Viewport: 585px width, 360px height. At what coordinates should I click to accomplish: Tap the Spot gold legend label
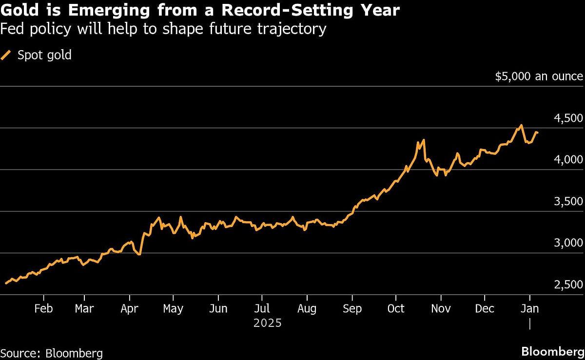click(44, 55)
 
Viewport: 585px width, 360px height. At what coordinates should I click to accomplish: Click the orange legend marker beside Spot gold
click(7, 55)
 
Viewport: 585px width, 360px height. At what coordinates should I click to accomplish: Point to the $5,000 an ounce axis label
click(539, 76)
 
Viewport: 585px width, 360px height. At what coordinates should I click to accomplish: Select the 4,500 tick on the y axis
click(569, 118)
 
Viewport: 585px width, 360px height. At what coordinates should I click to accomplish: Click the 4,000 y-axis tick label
click(569, 160)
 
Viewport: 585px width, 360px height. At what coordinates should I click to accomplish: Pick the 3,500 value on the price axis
click(569, 202)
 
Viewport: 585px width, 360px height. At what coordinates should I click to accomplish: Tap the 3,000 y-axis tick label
click(569, 243)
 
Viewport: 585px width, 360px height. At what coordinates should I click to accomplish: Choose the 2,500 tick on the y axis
click(569, 285)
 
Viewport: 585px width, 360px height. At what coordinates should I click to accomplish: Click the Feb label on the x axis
click(44, 309)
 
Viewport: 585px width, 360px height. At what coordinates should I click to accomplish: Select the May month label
click(173, 309)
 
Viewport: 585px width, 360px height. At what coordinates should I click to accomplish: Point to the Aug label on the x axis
click(307, 309)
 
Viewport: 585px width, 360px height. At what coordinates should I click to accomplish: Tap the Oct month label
click(396, 309)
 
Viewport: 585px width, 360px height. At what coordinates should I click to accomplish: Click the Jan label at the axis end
click(530, 309)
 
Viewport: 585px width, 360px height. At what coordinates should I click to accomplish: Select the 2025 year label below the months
click(268, 323)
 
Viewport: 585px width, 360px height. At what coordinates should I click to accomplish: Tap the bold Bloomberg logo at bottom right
click(552, 352)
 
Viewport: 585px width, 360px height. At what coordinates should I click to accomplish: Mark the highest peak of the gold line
click(521, 125)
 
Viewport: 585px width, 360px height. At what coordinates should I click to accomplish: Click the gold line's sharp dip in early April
click(139, 254)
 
